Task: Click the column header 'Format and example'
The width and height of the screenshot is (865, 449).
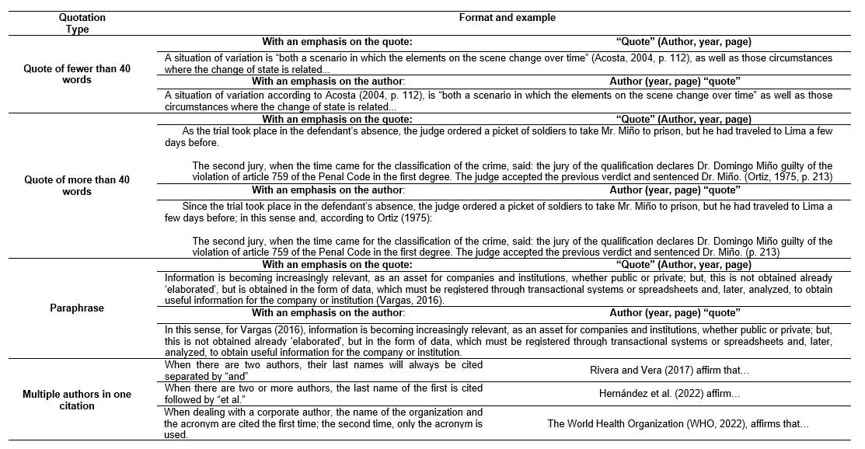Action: pyautogui.click(x=506, y=17)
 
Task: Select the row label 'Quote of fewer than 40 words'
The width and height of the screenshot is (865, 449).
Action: pyautogui.click(x=78, y=74)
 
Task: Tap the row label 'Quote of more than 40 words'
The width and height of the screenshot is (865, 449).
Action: pyautogui.click(x=78, y=186)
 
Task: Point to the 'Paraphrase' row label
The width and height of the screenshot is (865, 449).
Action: pyautogui.click(x=78, y=308)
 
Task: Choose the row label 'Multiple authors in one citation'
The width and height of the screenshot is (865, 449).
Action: pyautogui.click(x=78, y=399)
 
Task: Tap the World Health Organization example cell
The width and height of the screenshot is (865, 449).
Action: pyautogui.click(x=678, y=423)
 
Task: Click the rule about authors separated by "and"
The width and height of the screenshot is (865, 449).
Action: pyautogui.click(x=323, y=370)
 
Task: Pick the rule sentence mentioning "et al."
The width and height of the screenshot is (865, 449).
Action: pyautogui.click(x=323, y=394)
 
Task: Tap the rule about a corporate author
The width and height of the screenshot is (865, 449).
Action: pyautogui.click(x=323, y=423)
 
